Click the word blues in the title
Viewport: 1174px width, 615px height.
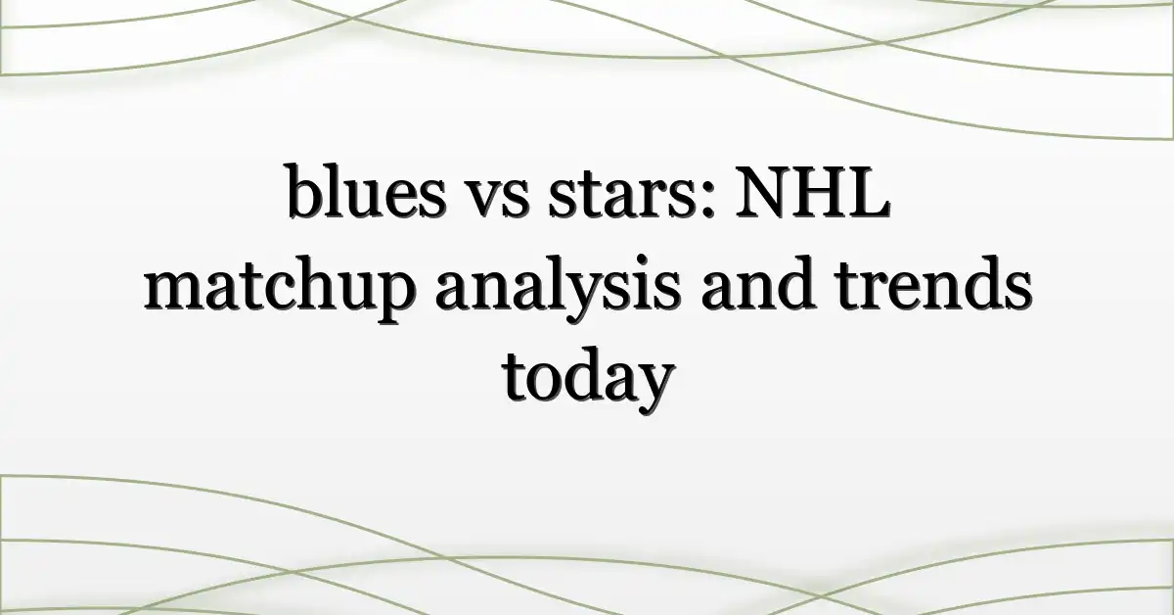point(366,191)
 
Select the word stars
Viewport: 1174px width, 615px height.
point(623,196)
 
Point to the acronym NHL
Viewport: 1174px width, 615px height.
point(812,192)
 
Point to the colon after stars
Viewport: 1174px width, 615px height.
point(707,200)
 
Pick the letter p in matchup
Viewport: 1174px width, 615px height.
point(394,299)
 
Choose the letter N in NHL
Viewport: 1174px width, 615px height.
point(761,192)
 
